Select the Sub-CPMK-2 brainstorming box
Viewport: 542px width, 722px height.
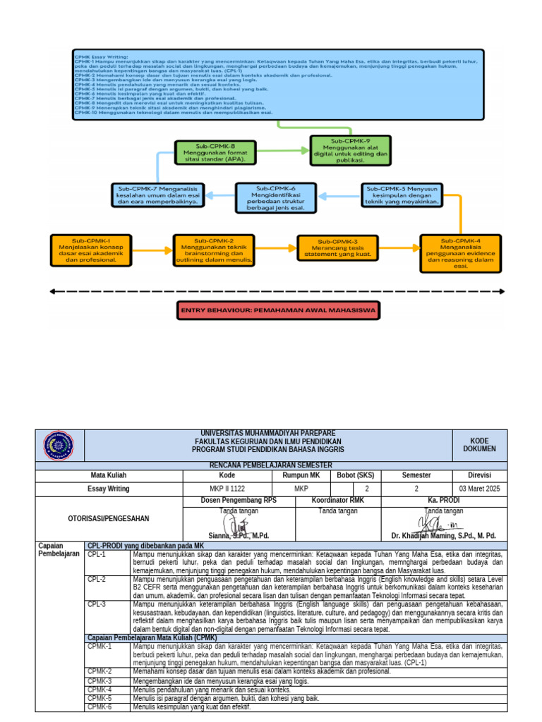coord(214,250)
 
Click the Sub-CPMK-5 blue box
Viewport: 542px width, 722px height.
coord(403,195)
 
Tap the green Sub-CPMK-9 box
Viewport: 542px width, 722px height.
coord(349,151)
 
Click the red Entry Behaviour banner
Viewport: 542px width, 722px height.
coord(278,310)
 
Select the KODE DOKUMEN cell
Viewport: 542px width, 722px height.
coord(479,444)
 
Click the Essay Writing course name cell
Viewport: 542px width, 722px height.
coord(109,488)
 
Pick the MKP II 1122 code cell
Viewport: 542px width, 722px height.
coord(227,488)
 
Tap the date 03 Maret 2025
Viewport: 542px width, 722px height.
coord(479,488)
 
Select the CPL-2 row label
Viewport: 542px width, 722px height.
coord(97,579)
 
